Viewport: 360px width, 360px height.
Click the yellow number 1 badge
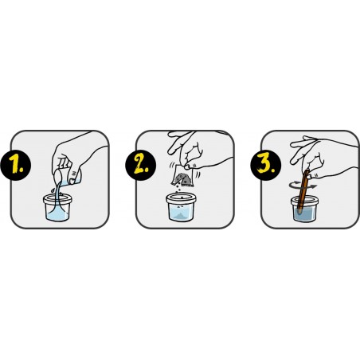click(x=16, y=165)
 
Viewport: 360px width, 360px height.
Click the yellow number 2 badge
click(x=141, y=165)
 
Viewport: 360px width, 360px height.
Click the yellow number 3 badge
click(x=266, y=165)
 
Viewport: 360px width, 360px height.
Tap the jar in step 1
click(x=57, y=208)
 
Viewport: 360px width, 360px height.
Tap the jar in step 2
click(x=181, y=207)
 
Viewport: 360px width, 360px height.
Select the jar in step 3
click(x=304, y=209)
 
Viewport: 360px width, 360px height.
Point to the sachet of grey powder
click(x=182, y=176)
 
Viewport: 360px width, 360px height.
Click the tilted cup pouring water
click(x=67, y=176)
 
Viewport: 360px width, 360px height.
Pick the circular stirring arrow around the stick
click(x=303, y=186)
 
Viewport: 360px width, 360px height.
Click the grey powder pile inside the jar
click(x=181, y=216)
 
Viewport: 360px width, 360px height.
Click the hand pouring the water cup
click(x=77, y=157)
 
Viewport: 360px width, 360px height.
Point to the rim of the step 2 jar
click(x=181, y=198)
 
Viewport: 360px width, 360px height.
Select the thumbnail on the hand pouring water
click(x=72, y=182)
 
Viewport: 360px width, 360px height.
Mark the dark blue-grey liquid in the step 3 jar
click(x=304, y=214)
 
